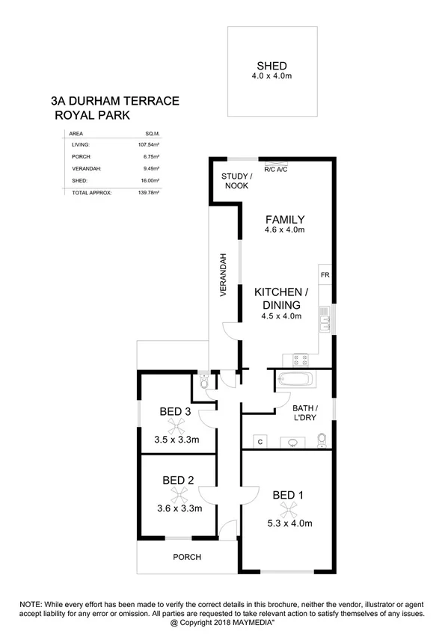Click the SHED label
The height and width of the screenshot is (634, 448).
pyautogui.click(x=271, y=65)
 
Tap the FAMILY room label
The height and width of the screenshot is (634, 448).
pyautogui.click(x=285, y=220)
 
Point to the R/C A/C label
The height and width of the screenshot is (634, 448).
pyautogui.click(x=275, y=170)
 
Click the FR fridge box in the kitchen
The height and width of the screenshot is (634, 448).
pyautogui.click(x=325, y=274)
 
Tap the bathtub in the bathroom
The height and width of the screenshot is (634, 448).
pyautogui.click(x=298, y=379)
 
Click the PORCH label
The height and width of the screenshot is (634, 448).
pyautogui.click(x=187, y=557)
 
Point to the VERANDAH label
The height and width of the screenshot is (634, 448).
pyautogui.click(x=223, y=278)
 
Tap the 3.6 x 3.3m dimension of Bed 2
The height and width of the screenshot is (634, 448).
pyautogui.click(x=179, y=508)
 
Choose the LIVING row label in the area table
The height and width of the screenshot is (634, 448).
pyautogui.click(x=79, y=144)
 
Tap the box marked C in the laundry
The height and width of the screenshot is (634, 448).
pyautogui.click(x=260, y=441)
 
